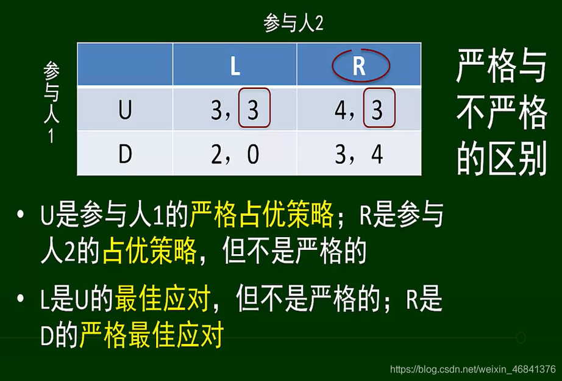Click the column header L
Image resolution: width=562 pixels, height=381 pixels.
235,66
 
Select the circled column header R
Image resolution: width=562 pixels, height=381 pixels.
359,65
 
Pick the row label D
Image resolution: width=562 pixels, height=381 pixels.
124,154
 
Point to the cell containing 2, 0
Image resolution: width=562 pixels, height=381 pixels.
235,155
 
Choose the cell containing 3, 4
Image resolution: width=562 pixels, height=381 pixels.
359,155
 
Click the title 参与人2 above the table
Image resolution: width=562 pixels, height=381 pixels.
293,24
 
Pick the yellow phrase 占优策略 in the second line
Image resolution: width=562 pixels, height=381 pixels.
149,251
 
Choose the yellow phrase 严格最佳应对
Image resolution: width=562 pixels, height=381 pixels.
152,335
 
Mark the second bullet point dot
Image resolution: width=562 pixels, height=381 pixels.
23,300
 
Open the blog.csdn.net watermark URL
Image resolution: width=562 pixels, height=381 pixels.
472,369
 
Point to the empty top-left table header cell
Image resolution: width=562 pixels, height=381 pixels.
125,65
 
